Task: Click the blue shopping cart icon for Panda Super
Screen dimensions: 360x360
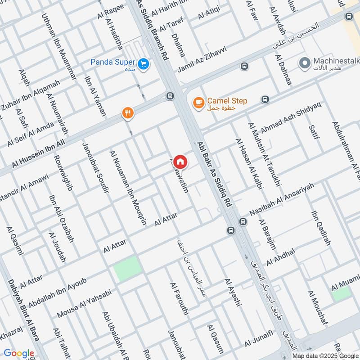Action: pos(144,64)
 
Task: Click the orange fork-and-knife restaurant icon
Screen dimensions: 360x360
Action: pos(128,113)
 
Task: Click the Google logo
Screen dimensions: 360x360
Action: pos(18,354)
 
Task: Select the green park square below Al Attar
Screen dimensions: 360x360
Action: pos(127,268)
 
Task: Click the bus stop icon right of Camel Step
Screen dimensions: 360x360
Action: pos(265,99)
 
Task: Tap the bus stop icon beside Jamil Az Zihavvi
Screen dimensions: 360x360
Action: pos(244,67)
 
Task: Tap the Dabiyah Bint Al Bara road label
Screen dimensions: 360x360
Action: pos(23,317)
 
